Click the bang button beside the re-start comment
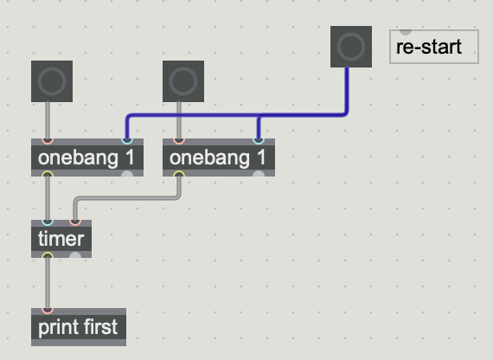[351, 47]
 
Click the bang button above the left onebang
[52, 81]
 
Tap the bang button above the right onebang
[183, 81]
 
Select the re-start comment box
[434, 47]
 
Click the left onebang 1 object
[87, 157]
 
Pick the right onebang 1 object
[219, 157]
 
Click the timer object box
[61, 239]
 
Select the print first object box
[79, 327]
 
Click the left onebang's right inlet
[127, 141]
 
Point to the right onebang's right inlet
[259, 141]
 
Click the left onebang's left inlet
[48, 141]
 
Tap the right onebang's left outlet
[179, 174]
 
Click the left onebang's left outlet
[48, 174]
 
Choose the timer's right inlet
[75, 222]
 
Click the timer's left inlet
[48, 222]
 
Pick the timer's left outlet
[48, 255]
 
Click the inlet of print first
[48, 311]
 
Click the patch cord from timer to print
[48, 283]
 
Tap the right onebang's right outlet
[259, 174]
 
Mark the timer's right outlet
[75, 255]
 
